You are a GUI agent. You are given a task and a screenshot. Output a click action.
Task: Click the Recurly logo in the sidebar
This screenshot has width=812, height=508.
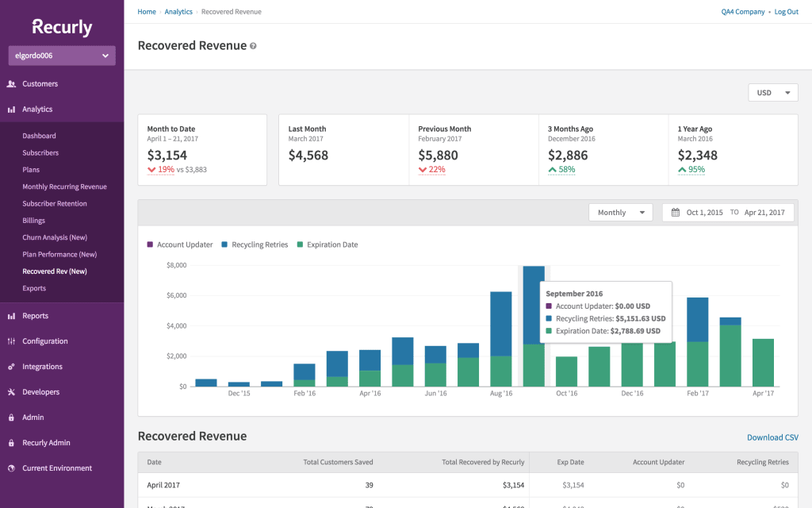pyautogui.click(x=62, y=27)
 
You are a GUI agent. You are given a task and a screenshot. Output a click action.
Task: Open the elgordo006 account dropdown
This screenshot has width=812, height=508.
pyautogui.click(x=62, y=56)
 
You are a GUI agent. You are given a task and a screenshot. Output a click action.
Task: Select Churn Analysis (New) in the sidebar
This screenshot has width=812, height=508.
pyautogui.click(x=55, y=237)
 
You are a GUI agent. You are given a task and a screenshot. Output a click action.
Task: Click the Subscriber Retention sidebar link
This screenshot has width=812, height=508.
pyautogui.click(x=55, y=204)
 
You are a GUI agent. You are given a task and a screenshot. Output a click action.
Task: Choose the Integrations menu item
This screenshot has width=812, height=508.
pyautogui.click(x=42, y=367)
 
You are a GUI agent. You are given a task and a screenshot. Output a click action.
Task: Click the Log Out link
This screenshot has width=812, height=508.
pyautogui.click(x=786, y=12)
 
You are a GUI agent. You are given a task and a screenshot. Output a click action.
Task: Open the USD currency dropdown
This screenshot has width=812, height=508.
pyautogui.click(x=773, y=93)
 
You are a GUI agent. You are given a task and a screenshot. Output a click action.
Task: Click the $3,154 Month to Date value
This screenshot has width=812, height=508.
pyautogui.click(x=167, y=155)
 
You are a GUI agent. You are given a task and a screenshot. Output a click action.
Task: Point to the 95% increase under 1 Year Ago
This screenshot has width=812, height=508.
pyautogui.click(x=695, y=170)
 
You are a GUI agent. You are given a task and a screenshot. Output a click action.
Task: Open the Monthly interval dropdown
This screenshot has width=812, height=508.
pyautogui.click(x=620, y=213)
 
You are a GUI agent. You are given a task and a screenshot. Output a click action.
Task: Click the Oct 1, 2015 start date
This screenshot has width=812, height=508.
pyautogui.click(x=704, y=213)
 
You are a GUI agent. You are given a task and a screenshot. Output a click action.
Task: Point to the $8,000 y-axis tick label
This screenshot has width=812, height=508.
pyautogui.click(x=175, y=265)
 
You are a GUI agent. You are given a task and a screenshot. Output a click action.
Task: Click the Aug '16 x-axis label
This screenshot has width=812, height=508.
pyautogui.click(x=501, y=394)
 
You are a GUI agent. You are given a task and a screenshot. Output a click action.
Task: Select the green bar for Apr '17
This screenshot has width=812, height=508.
pyautogui.click(x=762, y=363)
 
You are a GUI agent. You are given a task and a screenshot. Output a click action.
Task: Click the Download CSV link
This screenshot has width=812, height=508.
pyautogui.click(x=772, y=437)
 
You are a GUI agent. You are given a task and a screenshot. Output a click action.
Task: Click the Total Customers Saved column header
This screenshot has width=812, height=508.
pyautogui.click(x=338, y=462)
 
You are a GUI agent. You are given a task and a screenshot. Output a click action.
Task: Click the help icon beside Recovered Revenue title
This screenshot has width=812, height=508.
pyautogui.click(x=253, y=46)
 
